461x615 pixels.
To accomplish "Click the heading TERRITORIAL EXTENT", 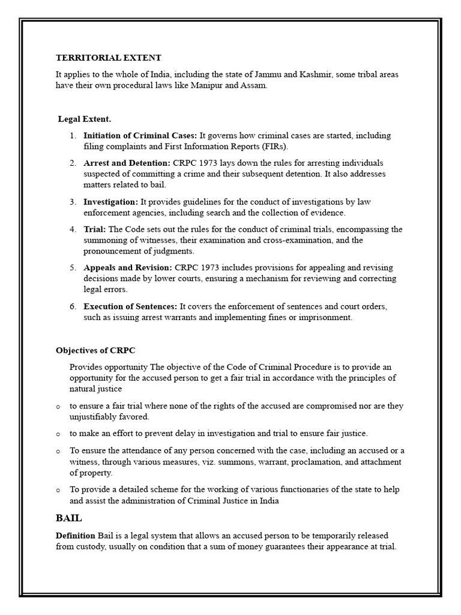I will pos(109,58).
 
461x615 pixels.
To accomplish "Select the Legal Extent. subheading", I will pos(85,119).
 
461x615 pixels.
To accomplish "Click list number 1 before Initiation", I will pos(73,136).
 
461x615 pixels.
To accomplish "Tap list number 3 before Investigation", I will pos(73,202).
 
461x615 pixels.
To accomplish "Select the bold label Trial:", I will pos(95,229).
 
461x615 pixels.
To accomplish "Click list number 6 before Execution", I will pos(73,306).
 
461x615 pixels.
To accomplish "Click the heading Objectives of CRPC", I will pos(100,350).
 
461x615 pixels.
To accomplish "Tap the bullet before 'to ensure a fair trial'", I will pos(58,407).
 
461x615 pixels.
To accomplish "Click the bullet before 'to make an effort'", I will pos(58,434).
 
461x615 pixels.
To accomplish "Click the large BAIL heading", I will pos(69,517).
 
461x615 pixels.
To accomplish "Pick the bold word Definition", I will pos(76,535).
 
